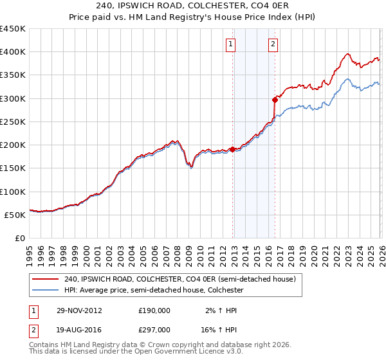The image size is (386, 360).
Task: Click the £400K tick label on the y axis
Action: point(12,52)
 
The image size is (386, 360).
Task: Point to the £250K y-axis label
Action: point(12,122)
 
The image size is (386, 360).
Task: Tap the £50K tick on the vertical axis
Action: point(15,215)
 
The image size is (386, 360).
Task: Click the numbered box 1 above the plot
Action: point(230,44)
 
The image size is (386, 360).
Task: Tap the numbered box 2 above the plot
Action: point(273,44)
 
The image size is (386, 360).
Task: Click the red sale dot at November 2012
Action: point(233,150)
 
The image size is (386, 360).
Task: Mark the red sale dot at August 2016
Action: point(275,100)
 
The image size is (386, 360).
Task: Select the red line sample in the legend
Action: point(46,279)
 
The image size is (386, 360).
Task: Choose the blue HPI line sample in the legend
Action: point(46,291)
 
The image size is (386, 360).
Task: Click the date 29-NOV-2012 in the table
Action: point(78,310)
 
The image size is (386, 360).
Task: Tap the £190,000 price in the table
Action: point(154,310)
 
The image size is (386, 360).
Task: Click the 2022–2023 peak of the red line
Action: point(347,55)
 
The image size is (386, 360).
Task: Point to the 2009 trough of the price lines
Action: point(191,167)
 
